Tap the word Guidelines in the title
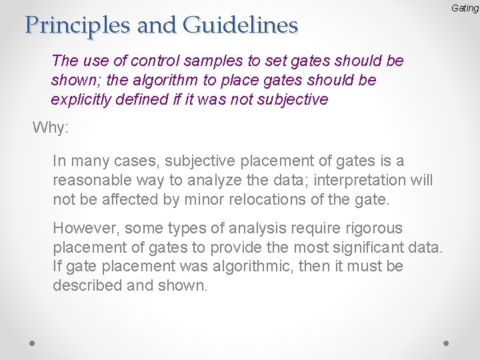click(240, 25)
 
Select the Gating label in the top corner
click(465, 8)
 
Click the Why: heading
click(51, 127)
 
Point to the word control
click(159, 61)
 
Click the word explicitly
click(78, 100)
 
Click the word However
click(83, 227)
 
